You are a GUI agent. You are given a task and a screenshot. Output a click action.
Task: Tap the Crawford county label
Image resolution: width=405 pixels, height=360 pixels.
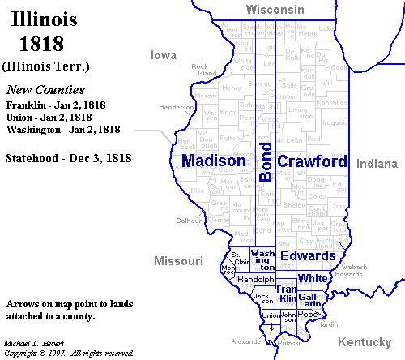point(313,161)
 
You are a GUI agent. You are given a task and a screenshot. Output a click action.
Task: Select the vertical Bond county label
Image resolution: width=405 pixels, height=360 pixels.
point(266,163)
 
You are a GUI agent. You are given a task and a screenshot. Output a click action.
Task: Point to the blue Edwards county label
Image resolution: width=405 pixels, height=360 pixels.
point(307,256)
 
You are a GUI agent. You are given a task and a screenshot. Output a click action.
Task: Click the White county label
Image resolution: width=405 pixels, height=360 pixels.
point(312,278)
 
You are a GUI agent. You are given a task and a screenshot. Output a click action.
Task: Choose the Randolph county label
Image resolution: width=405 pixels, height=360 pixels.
point(256,279)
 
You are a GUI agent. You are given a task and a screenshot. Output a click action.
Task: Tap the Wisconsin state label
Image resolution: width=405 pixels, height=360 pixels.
point(275,9)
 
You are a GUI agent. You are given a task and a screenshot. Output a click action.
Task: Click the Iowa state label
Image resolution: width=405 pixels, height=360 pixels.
point(164,55)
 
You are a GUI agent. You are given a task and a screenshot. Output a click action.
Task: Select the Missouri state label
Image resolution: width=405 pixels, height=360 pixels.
point(178,261)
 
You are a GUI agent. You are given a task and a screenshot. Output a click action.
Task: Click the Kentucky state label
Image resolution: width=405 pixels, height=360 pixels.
point(364,341)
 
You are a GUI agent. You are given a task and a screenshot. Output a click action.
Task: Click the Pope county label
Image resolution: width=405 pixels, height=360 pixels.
point(307,315)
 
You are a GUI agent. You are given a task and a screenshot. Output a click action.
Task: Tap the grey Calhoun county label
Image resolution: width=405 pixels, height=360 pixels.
point(189,221)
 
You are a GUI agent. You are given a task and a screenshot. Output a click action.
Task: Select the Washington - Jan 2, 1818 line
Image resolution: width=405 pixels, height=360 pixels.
point(63,129)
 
